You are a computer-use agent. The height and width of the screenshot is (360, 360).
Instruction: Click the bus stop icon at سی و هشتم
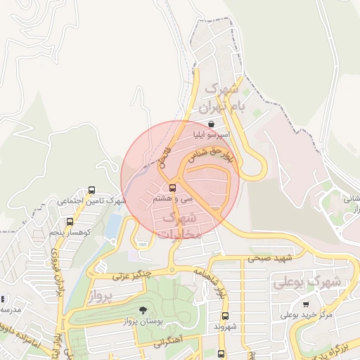pyautogui.click(x=173, y=188)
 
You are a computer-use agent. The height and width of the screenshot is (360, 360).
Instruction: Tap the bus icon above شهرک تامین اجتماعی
pyautogui.click(x=92, y=190)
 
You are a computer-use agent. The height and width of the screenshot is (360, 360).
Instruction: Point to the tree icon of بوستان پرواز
pyautogui.click(x=143, y=310)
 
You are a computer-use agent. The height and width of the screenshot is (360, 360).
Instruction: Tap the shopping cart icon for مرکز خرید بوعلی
pyautogui.click(x=306, y=304)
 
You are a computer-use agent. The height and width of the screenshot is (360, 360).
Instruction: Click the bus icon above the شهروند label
pyautogui.click(x=224, y=316)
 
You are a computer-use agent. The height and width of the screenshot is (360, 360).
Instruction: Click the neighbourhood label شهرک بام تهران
pyautogui.click(x=221, y=99)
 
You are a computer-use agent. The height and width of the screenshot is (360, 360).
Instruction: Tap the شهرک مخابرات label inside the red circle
pyautogui.click(x=181, y=225)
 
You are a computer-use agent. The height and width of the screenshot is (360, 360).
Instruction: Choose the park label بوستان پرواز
pyautogui.click(x=143, y=321)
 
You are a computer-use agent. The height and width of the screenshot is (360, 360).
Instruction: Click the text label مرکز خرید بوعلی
pyautogui.click(x=307, y=315)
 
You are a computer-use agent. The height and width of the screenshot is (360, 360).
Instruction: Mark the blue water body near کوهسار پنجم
pyautogui.click(x=113, y=226)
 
